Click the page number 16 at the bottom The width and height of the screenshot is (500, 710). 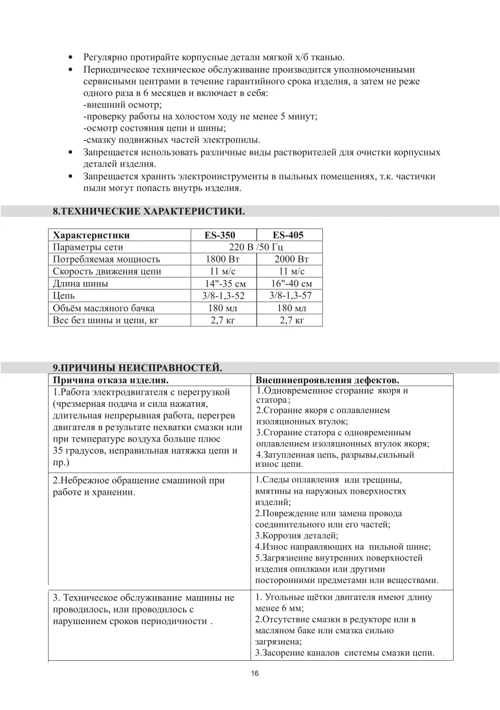pos(255,673)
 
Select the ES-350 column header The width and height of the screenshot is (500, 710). pos(219,235)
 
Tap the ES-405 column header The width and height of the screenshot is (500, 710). pos(288,235)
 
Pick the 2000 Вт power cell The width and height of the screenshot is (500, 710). pos(291,259)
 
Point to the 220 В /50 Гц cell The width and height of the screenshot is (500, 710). pos(255,247)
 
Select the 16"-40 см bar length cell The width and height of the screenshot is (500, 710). pos(291,284)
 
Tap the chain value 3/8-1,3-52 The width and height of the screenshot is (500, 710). pos(223,296)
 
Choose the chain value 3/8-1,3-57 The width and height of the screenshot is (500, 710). pos(291,295)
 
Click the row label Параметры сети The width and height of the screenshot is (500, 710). pos(88,247)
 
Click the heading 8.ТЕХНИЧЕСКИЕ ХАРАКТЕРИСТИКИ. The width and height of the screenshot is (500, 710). pos(149,212)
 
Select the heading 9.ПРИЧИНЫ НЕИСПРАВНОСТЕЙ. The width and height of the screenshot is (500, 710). pos(137,367)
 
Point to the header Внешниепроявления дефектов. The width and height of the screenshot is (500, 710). pos(327,380)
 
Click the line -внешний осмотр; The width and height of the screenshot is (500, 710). pos(123,105)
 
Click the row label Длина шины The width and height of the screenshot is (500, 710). pos(81,284)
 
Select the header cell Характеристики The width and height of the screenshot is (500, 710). pos(91,235)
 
